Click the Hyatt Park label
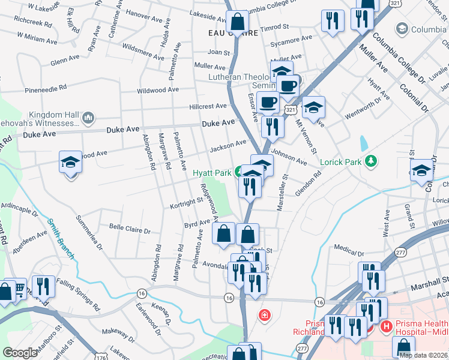pos(212,173)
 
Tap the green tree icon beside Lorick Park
pos(372,161)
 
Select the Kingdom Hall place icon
pos(88,117)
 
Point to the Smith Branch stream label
pos(61,238)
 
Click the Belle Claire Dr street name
pos(129,229)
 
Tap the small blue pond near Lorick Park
pos(364,143)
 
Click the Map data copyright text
pos(423,355)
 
